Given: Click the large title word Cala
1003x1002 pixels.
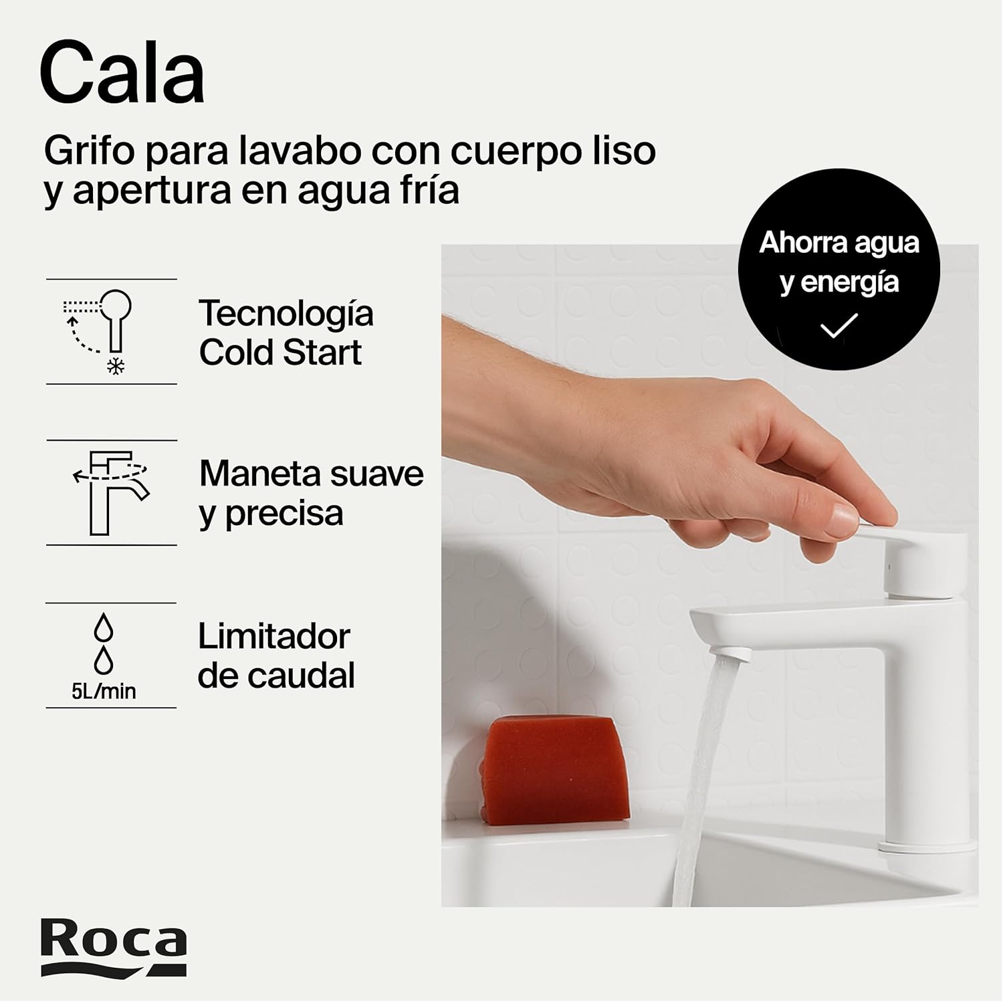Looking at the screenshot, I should pos(122,72).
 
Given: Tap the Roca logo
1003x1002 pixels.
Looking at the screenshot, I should pos(113,946).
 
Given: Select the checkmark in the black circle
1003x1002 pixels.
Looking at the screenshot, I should pos(839,325).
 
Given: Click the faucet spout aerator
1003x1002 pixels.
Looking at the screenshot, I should pos(726,649).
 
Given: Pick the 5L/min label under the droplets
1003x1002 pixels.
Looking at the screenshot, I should pos(104,691).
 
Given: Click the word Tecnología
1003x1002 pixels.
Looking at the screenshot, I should pos(286,314).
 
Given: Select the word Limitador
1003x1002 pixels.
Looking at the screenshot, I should pos(273,636).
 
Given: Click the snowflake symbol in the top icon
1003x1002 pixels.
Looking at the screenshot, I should pos(117,366).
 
